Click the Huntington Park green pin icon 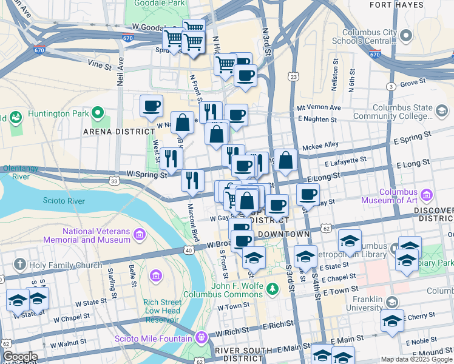coord(96,113)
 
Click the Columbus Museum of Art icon coord(426,195)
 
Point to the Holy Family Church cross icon coord(19,265)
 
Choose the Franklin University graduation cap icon coord(392,301)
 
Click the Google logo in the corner coord(19,357)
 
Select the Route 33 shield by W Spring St coord(114,181)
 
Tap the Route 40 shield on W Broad coord(189,249)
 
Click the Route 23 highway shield coord(294,76)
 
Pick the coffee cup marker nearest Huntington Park coord(151,106)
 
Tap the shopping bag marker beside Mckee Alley coord(286,160)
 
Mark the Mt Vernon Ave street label coord(318,108)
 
